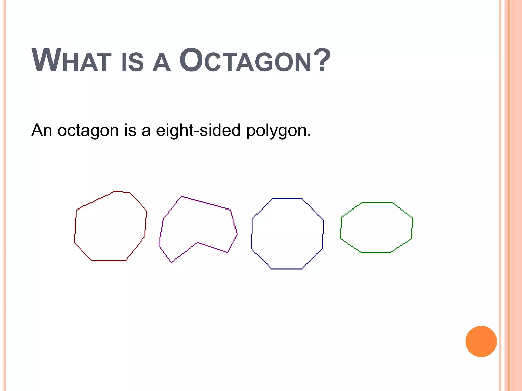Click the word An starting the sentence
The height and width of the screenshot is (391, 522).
pos(42,130)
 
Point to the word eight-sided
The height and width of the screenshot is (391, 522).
pos(198,130)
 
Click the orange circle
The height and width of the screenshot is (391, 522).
pos(481,341)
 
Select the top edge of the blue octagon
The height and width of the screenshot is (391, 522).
pos(287,199)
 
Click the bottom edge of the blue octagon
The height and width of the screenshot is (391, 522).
pos(287,269)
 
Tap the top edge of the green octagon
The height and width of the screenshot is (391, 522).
pos(377,203)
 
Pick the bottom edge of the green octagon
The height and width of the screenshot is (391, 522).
pos(375,253)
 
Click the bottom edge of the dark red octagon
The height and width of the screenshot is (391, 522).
pos(109,261)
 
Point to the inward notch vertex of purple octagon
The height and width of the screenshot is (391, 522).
pos(198,243)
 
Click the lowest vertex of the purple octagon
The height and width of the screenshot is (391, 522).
pos(171,263)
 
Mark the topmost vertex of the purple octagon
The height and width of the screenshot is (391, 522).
pos(182,197)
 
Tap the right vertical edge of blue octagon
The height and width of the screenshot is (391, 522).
pos(323,234)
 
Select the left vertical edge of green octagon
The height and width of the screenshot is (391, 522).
pos(341,228)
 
